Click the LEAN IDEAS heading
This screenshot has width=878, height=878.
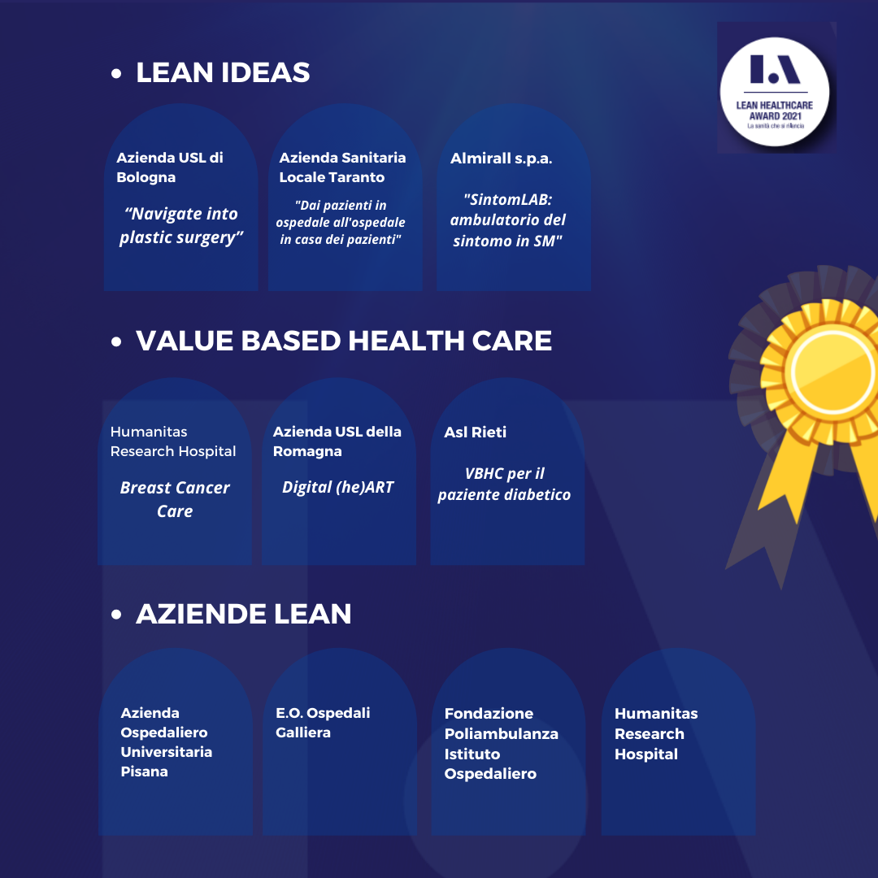coord(223,72)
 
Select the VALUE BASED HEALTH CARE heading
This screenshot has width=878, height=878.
coord(344,341)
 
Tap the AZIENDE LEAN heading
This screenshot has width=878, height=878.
coord(243,614)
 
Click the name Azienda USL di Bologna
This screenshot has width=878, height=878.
coord(170,167)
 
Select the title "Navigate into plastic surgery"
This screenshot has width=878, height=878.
coord(181,225)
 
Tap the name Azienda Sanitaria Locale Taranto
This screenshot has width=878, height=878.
coord(342,167)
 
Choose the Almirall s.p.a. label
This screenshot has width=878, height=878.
coord(501,159)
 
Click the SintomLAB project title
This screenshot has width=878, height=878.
coord(509,219)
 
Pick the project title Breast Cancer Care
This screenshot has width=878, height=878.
coord(175,499)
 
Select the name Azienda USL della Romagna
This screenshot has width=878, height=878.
coord(337,441)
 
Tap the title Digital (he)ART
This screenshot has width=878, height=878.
coord(337,487)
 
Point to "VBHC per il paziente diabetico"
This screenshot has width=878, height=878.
coord(505,484)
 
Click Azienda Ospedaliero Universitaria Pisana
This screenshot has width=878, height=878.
coord(167,742)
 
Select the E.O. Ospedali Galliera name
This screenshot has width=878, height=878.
coord(323,723)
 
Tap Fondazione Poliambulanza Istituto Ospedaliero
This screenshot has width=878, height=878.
coord(501,744)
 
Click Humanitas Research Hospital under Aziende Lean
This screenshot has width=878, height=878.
coord(656,733)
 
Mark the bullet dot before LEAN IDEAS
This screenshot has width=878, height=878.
coord(116,74)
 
